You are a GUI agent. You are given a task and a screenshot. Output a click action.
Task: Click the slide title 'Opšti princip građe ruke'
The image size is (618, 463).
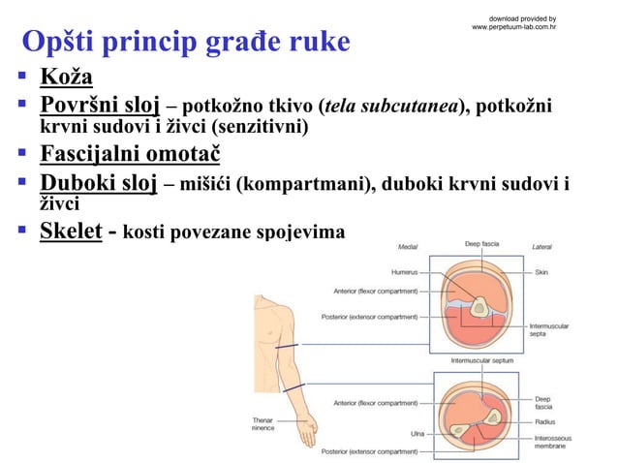pos(186,43)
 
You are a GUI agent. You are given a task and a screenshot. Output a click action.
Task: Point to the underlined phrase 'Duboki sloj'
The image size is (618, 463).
pos(98,183)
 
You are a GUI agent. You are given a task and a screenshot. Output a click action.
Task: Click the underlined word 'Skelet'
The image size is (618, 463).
pos(71,232)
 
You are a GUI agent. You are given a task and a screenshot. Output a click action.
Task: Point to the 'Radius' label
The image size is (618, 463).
pos(544,421)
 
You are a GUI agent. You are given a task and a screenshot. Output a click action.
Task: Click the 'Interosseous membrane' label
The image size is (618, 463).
pos(552,443)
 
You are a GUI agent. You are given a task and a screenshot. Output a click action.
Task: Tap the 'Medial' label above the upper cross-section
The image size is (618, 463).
pos(408,246)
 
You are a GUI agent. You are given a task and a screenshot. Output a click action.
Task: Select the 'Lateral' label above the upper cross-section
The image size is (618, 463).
pos(541,246)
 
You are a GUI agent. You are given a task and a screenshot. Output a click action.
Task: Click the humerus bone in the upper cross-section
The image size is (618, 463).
pos(479,308)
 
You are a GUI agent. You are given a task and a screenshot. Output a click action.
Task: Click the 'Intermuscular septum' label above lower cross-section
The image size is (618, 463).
pos(482,359)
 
